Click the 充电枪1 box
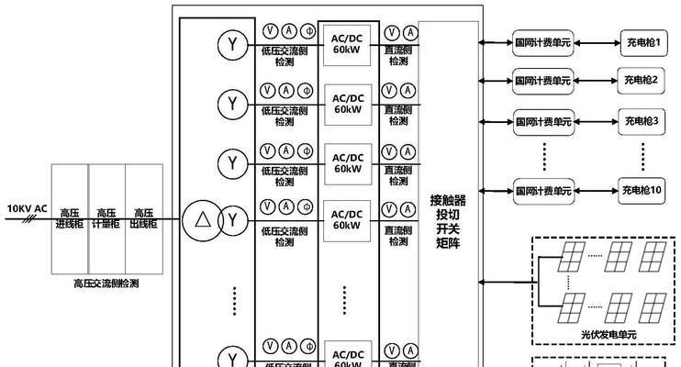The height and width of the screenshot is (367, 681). point(642,42)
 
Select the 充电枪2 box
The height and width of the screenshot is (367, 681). point(642,80)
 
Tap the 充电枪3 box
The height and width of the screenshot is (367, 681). point(642,120)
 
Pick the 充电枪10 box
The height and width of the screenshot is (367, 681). point(642,190)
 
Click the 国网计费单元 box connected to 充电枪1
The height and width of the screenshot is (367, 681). point(541,42)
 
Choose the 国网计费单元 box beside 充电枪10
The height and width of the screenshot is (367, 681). point(541,191)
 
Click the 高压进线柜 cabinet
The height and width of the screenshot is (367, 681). point(69,218)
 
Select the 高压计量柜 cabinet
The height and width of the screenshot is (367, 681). point(106,218)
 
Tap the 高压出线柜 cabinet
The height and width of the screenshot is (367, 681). point(144,218)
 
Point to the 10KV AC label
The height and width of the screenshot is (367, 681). point(27,209)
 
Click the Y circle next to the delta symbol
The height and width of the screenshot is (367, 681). point(233,219)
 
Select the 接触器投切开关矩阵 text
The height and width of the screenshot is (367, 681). point(448,221)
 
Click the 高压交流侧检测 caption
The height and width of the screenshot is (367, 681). point(106,284)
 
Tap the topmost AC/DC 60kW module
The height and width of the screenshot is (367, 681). point(347,42)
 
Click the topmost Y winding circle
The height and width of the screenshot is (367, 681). point(233,42)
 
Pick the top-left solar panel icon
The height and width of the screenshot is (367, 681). point(574,252)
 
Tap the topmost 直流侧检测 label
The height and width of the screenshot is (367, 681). point(397,54)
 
